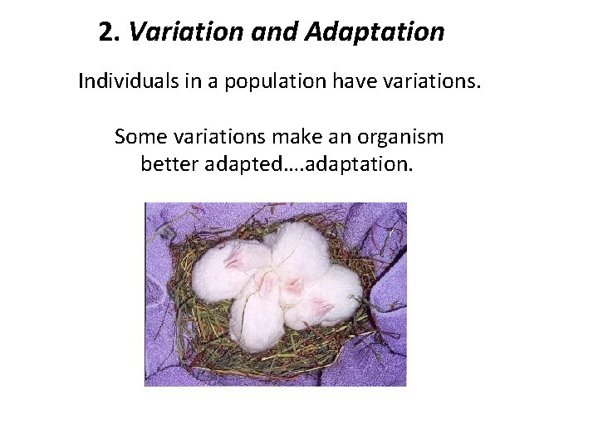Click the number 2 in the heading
pos(105,32)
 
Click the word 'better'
pos(167,162)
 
